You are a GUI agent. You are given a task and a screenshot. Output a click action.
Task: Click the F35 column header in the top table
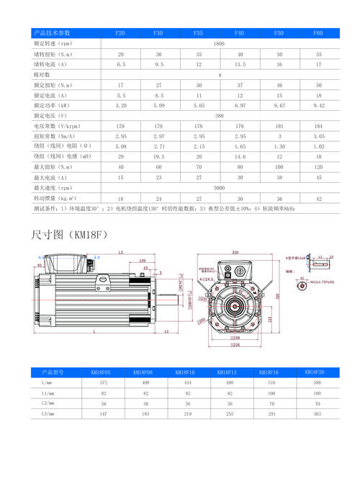pos(199,34)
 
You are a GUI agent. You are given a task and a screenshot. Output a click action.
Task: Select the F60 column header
pos(318,34)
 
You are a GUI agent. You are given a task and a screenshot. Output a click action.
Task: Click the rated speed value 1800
pos(220,44)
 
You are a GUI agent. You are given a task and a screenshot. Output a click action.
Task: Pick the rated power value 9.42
pos(318,105)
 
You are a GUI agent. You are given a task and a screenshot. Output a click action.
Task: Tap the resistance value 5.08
pos(121,145)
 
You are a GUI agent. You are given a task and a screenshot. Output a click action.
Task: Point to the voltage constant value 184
pos(318,125)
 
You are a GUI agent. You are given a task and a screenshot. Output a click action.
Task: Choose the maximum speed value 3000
pos(220,187)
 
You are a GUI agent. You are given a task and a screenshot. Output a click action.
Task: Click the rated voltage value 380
pos(220,115)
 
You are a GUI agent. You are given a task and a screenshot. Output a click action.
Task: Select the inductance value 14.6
pos(239,156)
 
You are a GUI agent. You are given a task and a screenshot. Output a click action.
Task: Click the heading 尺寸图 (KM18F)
pos(69,234)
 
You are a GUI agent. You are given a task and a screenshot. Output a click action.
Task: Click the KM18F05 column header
pos(101,372)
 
